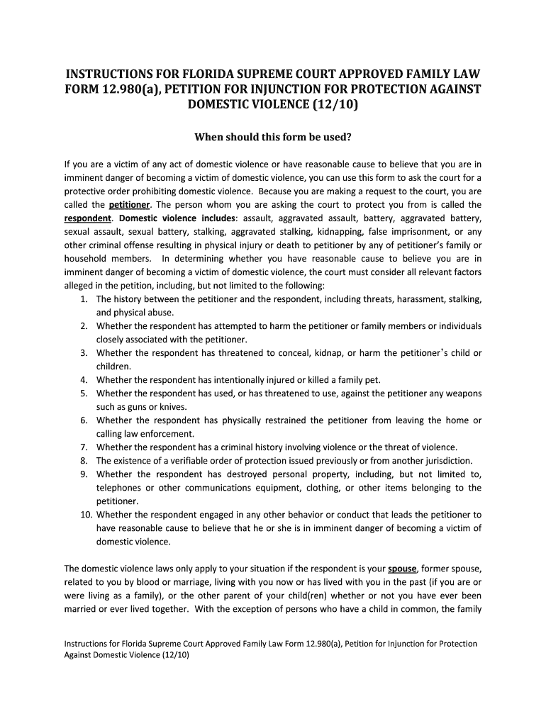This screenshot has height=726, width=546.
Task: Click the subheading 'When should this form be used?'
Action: [x=273, y=136]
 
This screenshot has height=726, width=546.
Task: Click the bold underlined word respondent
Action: [x=88, y=218]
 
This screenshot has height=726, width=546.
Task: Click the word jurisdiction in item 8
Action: [x=445, y=460]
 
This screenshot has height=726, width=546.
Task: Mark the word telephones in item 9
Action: [x=118, y=487]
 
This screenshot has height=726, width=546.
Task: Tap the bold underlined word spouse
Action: [x=402, y=568]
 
